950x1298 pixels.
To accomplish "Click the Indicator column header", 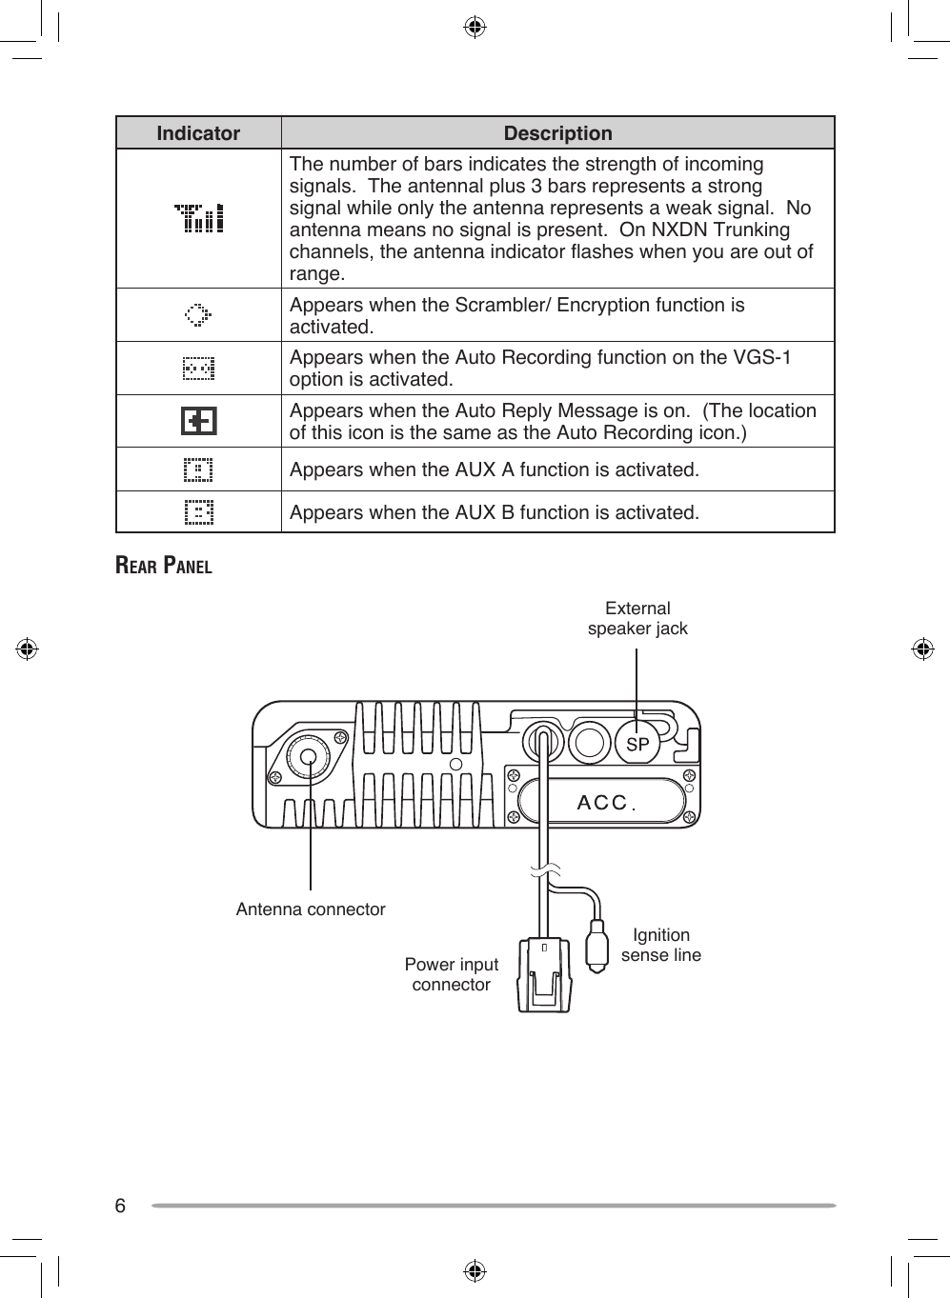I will [198, 133].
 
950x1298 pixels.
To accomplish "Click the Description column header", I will [557, 133].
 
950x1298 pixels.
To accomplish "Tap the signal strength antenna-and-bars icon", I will [199, 218].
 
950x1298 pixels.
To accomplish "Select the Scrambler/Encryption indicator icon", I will [198, 315].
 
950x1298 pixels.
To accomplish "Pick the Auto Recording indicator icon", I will [198, 369].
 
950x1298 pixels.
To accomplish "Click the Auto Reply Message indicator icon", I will [198, 421].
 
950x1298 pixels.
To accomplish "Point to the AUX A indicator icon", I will [198, 469].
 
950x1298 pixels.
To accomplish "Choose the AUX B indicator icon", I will [198, 512].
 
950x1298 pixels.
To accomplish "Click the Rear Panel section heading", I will [164, 566].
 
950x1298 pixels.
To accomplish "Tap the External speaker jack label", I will [637, 618].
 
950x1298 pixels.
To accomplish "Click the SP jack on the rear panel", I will [637, 745].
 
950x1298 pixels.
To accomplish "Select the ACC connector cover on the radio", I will [602, 802].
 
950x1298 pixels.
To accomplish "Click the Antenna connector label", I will [311, 909].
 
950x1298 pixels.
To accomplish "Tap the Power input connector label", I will [451, 974].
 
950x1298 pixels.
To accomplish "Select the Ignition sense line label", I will [660, 945].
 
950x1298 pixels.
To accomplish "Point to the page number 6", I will [120, 1206].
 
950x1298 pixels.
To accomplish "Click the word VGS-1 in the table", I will [762, 358].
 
